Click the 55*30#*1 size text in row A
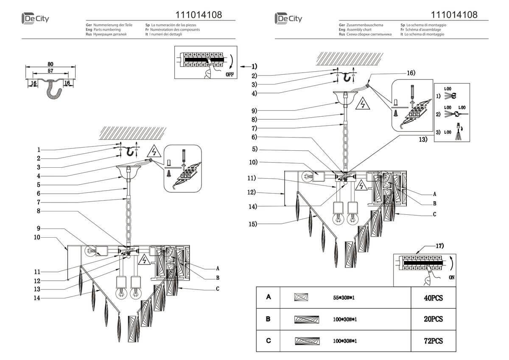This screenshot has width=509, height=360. [344, 298]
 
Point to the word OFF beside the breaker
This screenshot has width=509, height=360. [229, 74]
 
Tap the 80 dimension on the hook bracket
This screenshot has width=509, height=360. [50, 64]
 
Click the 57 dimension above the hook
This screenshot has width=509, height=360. [50, 70]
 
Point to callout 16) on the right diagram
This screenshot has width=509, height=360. [410, 73]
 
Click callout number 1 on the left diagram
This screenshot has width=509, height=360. [39, 149]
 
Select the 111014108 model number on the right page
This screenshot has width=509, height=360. [454, 15]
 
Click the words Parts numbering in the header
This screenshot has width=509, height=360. [106, 30]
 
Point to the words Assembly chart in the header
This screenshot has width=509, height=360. [359, 30]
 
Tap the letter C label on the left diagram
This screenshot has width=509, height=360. [218, 289]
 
